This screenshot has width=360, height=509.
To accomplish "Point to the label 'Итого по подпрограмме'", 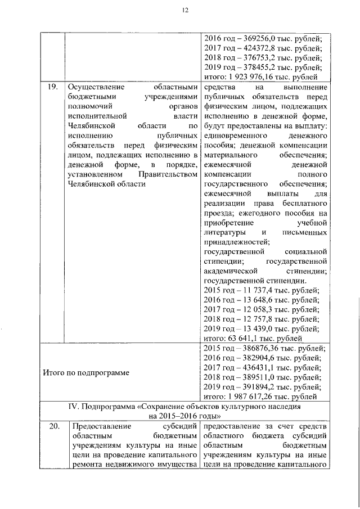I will tap(86, 372).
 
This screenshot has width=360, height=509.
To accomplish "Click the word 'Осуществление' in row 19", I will tap(94, 88).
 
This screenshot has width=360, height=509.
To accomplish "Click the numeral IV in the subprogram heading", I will tap(71, 406).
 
